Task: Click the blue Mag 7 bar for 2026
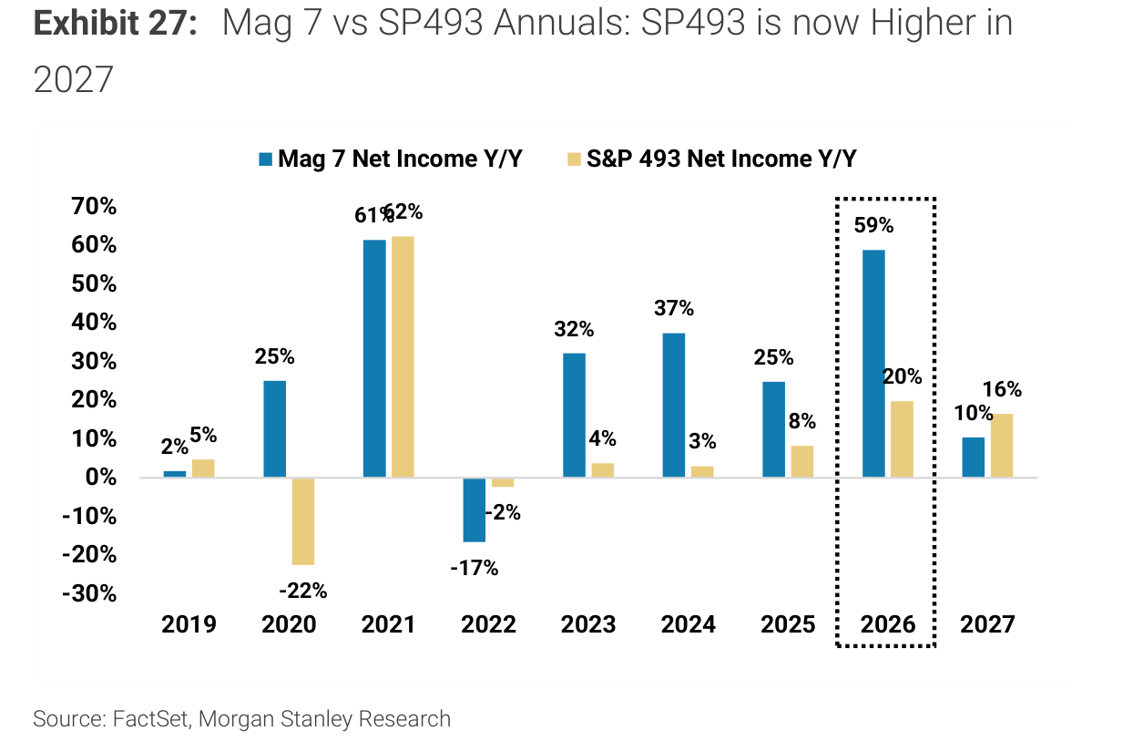(873, 364)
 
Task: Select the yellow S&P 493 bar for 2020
(303, 521)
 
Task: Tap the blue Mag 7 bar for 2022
(475, 509)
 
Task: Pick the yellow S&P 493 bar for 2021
(403, 356)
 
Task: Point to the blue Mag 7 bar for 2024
(674, 405)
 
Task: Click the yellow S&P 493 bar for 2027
(1002, 446)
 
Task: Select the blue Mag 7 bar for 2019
(175, 474)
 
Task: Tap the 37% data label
(674, 308)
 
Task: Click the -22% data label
(302, 591)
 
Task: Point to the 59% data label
(873, 225)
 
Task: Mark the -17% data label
(475, 568)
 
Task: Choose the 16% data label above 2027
(1002, 389)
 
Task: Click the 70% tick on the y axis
(94, 206)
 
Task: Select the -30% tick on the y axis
(89, 593)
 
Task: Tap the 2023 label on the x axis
(588, 624)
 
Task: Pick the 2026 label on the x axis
(888, 624)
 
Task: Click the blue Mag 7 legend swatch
(265, 159)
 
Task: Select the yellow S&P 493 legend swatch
(574, 159)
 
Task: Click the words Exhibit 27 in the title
(116, 23)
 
